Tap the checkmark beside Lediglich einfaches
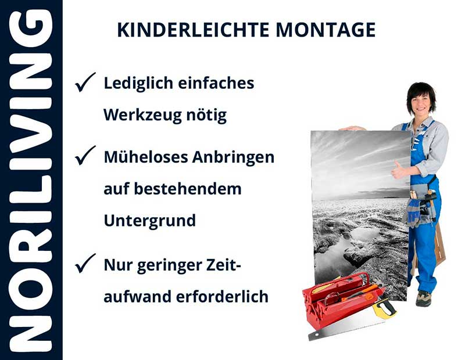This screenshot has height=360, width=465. [x=85, y=84]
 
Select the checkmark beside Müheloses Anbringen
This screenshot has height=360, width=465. [x=85, y=156]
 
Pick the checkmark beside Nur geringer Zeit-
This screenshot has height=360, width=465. [x=85, y=265]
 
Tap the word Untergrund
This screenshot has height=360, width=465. [x=149, y=221]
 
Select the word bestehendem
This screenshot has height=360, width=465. [x=189, y=189]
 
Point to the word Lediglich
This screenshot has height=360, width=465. [x=135, y=84]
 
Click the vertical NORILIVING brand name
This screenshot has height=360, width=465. [x=31, y=180]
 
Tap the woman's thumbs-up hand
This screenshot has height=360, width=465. [x=400, y=170]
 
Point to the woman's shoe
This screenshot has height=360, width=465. [x=424, y=298]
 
